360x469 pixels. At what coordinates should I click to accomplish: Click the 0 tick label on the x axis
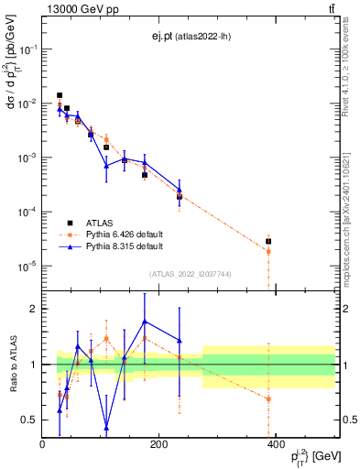43,444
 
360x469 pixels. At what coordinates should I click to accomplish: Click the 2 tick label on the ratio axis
35,309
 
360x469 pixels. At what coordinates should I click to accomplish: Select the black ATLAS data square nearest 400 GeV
268,242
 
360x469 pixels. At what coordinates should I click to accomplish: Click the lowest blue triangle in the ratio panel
106,427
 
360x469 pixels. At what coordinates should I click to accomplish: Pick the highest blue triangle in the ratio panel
145,322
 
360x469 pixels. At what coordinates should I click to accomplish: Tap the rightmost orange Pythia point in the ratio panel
268,398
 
